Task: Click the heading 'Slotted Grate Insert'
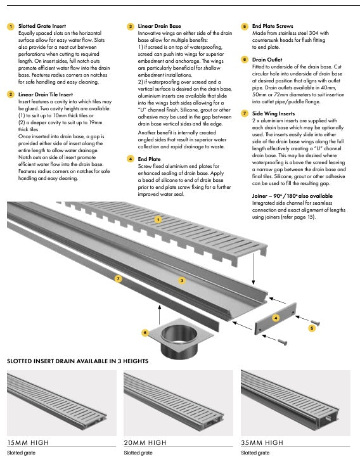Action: point(42,26)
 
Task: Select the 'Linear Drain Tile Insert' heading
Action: point(46,94)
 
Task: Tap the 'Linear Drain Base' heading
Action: point(160,26)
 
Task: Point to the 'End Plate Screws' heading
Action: point(273,26)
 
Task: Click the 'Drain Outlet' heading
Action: point(267,60)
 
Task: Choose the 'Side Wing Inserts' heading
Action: point(274,113)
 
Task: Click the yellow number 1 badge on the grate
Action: point(158,219)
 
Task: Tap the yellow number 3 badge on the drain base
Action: point(182,280)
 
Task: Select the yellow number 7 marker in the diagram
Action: point(119,278)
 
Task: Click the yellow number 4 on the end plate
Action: point(276,318)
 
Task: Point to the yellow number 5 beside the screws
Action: point(312,328)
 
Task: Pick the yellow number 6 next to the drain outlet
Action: point(145,333)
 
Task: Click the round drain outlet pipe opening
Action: point(179,333)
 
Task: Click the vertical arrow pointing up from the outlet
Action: point(160,314)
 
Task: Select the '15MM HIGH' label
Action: point(28,442)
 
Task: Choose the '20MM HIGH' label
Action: point(145,442)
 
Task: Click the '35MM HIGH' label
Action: point(262,442)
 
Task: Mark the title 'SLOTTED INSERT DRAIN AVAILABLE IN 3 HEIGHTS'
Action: point(78,361)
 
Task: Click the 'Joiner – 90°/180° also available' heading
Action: point(292,196)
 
